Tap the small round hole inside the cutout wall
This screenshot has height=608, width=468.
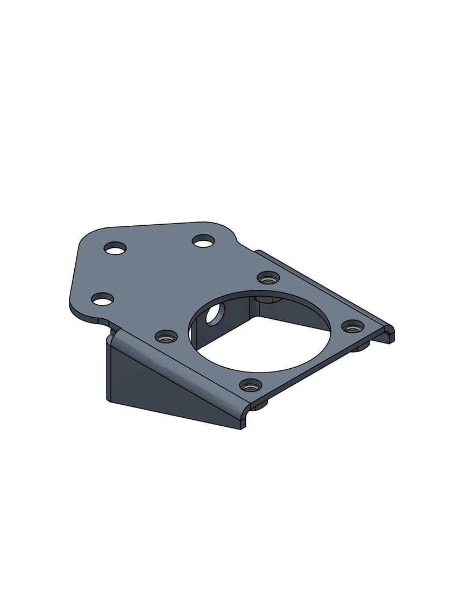pyautogui.click(x=212, y=313)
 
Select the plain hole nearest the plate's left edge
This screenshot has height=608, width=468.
pyautogui.click(x=103, y=299)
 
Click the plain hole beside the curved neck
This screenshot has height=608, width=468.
pyautogui.click(x=203, y=241)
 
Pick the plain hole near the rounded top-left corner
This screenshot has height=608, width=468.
pyautogui.click(x=115, y=248)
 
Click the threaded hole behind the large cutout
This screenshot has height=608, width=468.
pyautogui.click(x=268, y=278)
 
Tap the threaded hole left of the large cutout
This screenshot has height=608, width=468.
pyautogui.click(x=166, y=337)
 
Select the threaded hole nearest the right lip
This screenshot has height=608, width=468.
pyautogui.click(x=352, y=326)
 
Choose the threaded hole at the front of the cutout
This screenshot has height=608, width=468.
pyautogui.click(x=251, y=385)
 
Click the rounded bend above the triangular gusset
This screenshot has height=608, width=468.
pyautogui.click(x=178, y=366)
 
